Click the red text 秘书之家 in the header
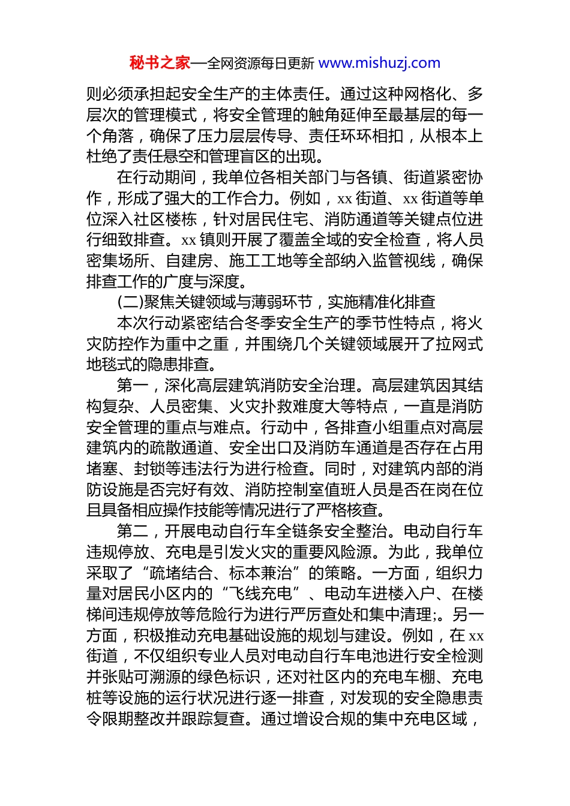[160, 63]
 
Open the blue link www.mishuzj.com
[379, 63]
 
